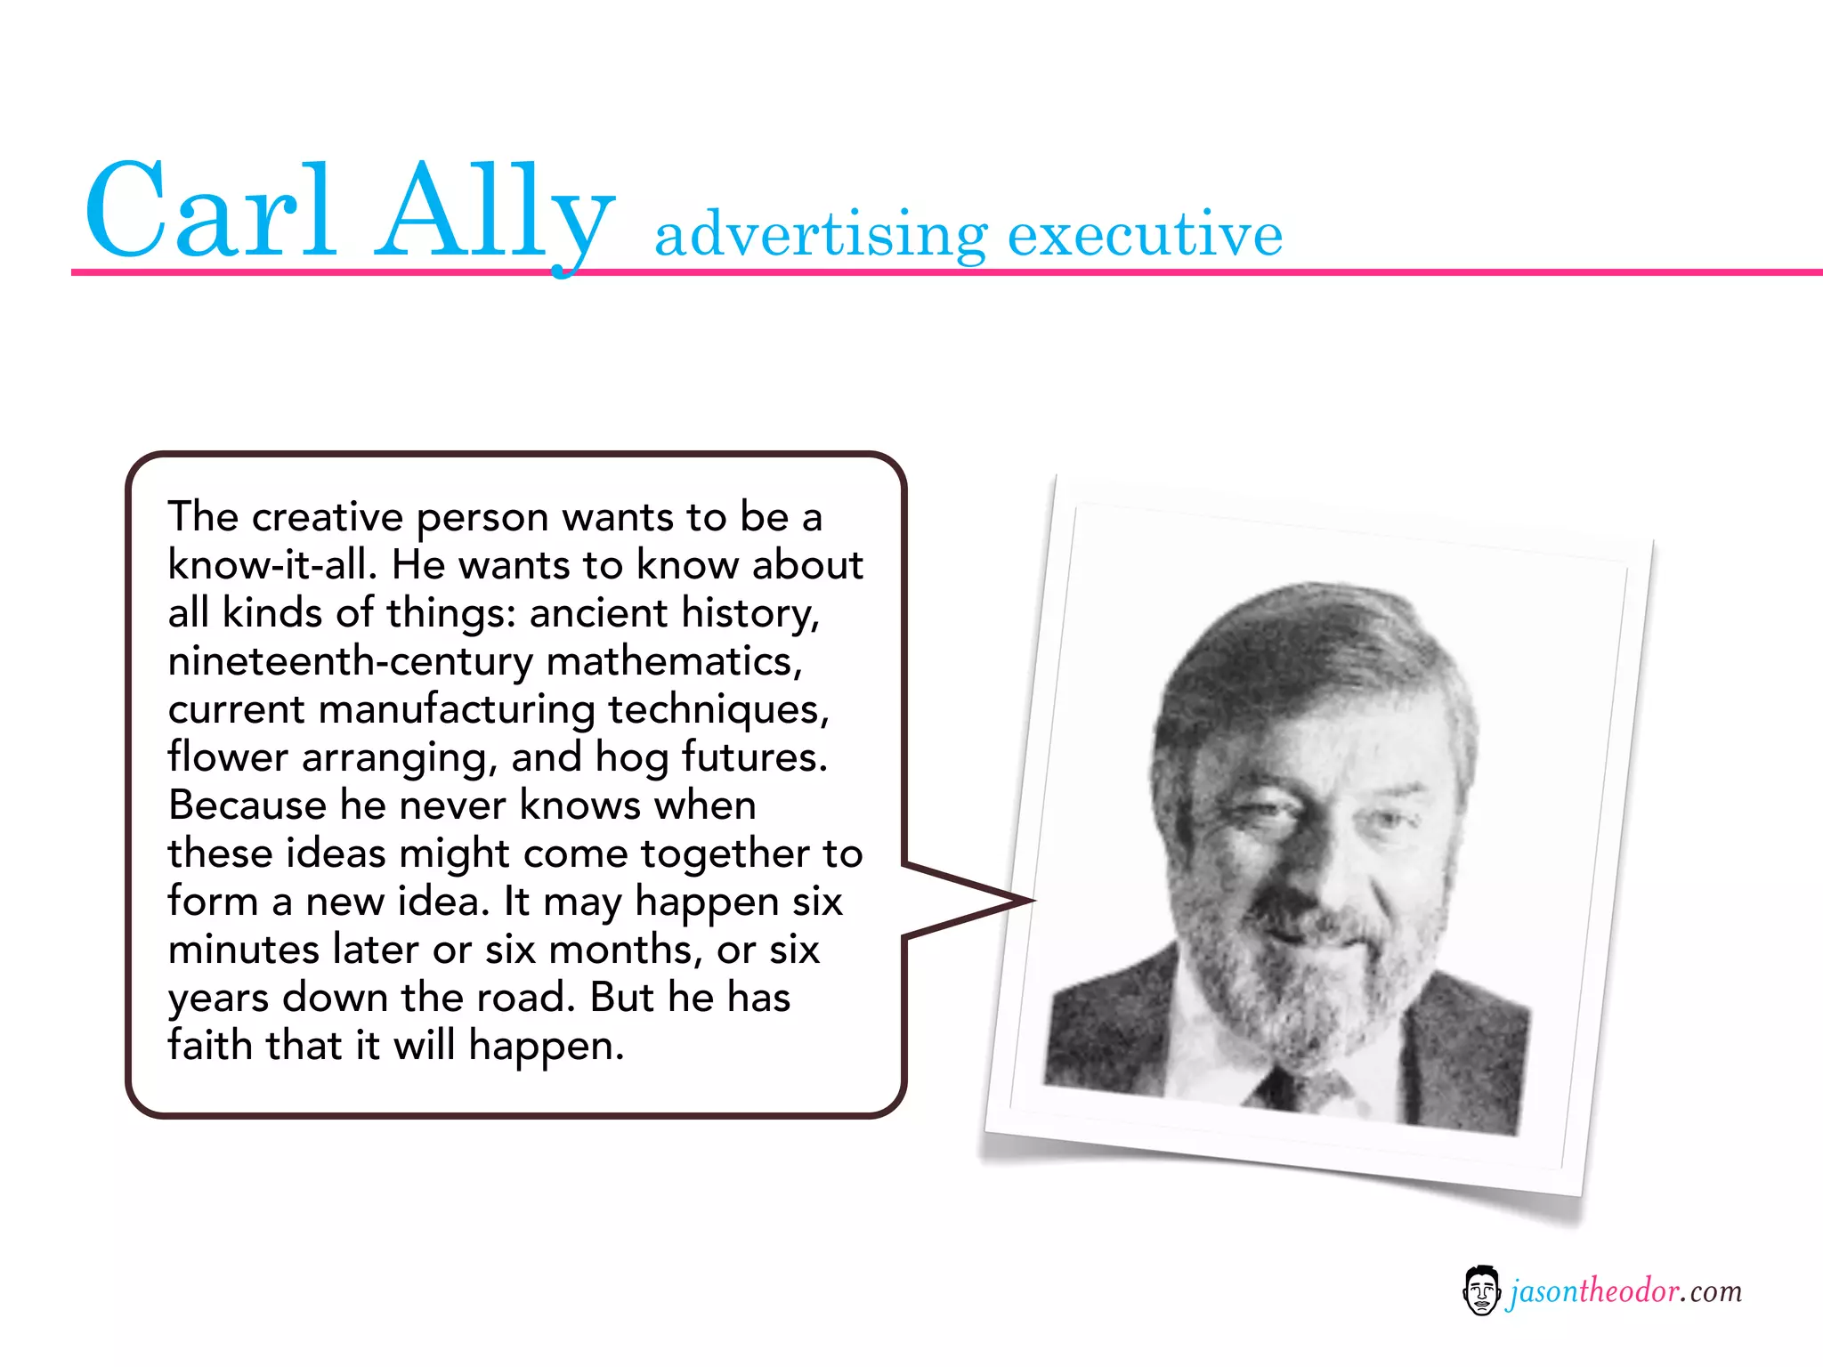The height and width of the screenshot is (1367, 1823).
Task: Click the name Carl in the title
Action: (x=210, y=211)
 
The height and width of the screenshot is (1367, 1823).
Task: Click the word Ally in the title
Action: (x=494, y=214)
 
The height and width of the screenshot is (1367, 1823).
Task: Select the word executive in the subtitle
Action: (x=1145, y=233)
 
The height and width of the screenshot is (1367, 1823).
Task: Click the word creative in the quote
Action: (x=327, y=517)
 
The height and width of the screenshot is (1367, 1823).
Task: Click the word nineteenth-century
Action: (x=350, y=661)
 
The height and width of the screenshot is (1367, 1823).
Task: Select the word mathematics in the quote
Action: (x=674, y=661)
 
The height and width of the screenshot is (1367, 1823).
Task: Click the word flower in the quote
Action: (x=228, y=757)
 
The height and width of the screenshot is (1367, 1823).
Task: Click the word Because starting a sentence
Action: (x=247, y=805)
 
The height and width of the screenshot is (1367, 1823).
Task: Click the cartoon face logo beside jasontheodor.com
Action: (x=1481, y=1290)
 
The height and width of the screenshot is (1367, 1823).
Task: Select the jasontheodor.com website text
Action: (x=1625, y=1291)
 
